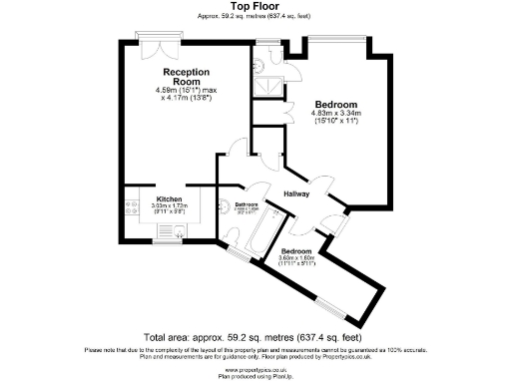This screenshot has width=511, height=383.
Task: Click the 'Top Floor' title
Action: pos(255,6)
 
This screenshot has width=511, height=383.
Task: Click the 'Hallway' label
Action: pos(297,193)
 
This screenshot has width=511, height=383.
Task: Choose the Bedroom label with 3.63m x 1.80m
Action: pos(295,251)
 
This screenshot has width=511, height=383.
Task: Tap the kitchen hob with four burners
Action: pos(131,208)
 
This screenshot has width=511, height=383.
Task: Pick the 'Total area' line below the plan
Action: pos(254,337)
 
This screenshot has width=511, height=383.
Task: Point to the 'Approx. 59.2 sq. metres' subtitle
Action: pos(255,16)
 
